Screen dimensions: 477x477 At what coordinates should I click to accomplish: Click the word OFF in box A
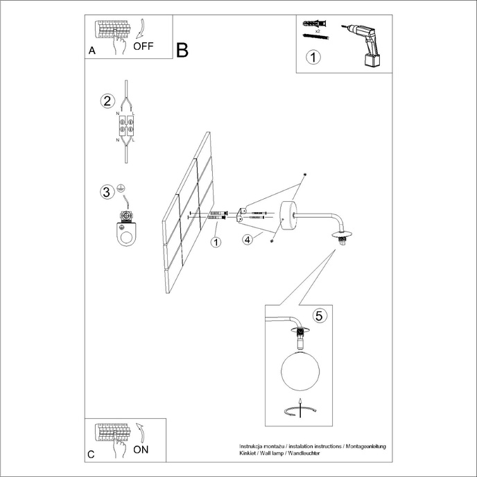144,46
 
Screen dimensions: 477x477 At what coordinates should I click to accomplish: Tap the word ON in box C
141,449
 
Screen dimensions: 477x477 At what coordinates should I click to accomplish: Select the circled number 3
106,192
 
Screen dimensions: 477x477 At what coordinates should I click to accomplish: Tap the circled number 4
247,240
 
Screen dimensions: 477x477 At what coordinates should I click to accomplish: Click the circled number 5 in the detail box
318,316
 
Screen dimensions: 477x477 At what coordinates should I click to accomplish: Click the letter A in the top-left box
92,51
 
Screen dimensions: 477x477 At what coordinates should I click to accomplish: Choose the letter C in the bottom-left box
92,455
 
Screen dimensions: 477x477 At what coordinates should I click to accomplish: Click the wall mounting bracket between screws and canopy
242,214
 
